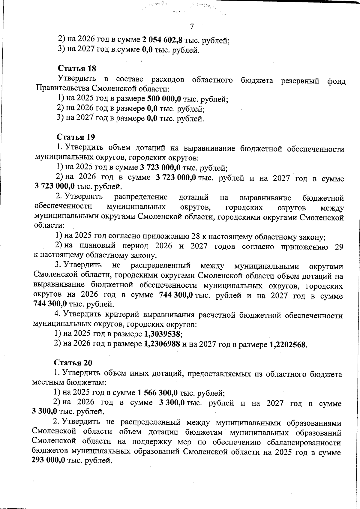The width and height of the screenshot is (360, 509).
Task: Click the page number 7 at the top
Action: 192,26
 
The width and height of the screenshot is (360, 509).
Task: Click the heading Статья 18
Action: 77,68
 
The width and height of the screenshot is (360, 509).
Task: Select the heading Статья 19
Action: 76,137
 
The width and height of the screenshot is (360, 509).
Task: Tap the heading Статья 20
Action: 73,363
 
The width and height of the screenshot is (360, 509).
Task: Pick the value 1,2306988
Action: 162,344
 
